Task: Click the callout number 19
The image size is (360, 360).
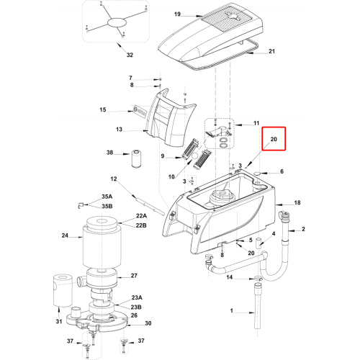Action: pos(177,14)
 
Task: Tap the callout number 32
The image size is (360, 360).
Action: pos(130,55)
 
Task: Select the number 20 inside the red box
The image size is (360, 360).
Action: pos(274,139)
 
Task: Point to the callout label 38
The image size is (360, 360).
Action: pos(109,153)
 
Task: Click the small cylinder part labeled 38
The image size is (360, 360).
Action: pos(137,159)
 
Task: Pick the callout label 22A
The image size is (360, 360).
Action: pos(141,216)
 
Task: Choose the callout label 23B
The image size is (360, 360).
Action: pos(136,307)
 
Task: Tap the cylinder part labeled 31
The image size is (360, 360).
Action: pos(63,291)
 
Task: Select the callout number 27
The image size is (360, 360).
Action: pos(134,276)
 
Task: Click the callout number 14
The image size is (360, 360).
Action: pos(230,277)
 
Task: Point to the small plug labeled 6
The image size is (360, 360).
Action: pos(258,173)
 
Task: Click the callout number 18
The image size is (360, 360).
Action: pos(297,203)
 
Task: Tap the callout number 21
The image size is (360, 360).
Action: pos(271,51)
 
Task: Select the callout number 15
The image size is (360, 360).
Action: pos(103,109)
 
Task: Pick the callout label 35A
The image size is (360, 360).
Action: pos(107,197)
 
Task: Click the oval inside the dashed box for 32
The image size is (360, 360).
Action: pos(117,23)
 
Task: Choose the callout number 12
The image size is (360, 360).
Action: pos(114,179)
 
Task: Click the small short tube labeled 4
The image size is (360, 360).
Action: pos(259,243)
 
